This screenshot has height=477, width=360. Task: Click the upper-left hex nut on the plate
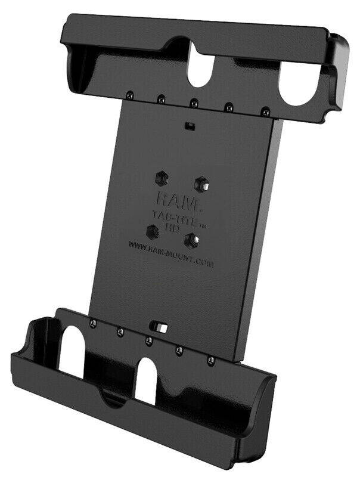point(160,176)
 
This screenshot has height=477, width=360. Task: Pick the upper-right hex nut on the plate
point(203,182)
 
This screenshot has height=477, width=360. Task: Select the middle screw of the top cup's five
point(193,102)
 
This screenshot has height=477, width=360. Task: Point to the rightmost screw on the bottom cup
point(210,361)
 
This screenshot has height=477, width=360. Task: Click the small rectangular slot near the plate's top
point(190,126)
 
